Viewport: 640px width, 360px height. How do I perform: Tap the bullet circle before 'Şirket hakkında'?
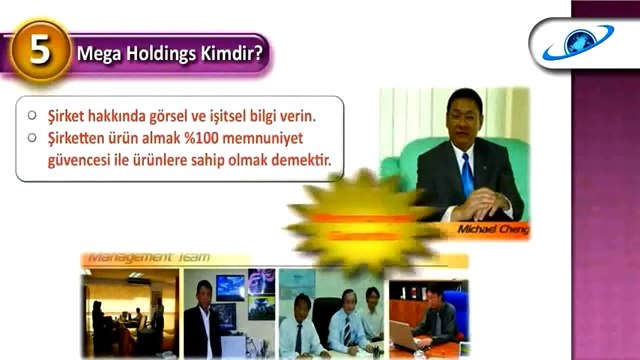pyautogui.click(x=34, y=113)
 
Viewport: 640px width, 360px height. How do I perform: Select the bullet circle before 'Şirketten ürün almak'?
pyautogui.click(x=34, y=135)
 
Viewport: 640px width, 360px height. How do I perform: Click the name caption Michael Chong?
pyautogui.click(x=494, y=229)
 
